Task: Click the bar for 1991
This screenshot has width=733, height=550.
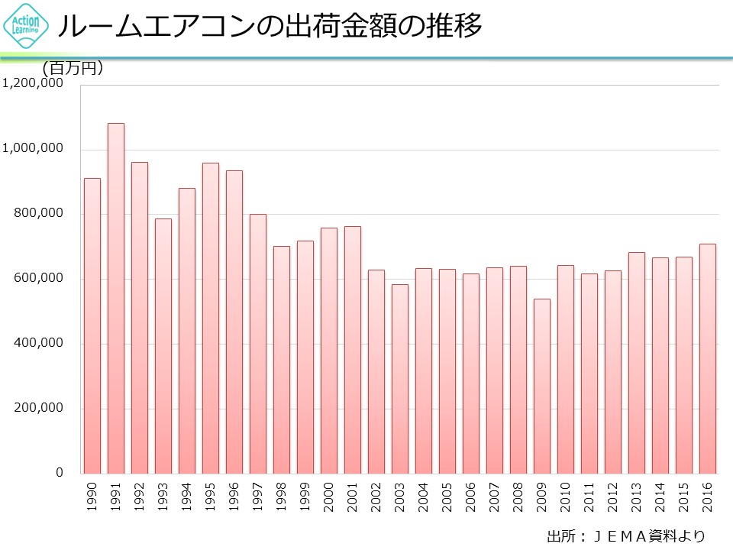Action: tap(116, 298)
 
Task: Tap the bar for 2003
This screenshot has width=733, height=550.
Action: tap(400, 379)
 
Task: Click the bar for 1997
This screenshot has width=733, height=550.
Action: tap(258, 344)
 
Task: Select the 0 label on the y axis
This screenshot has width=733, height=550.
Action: tap(59, 473)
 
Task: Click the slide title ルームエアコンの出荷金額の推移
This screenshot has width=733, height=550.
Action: tap(270, 27)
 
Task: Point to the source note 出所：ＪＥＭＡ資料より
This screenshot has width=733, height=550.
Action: tap(625, 535)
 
